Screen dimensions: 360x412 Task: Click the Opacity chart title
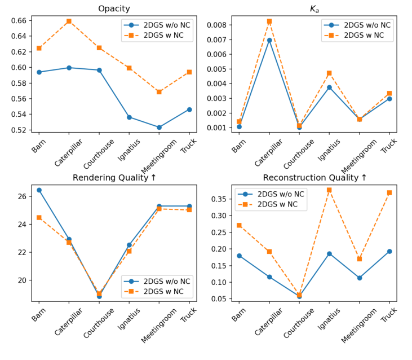[x=114, y=8]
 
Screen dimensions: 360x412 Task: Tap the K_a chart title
[x=314, y=8]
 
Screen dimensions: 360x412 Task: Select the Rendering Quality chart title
[x=114, y=178]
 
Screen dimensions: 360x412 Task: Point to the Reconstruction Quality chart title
[x=314, y=178]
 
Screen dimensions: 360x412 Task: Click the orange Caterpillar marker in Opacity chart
[x=69, y=21]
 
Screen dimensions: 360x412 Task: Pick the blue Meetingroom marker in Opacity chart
[x=159, y=128]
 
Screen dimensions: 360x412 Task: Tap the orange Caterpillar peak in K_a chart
[x=269, y=21]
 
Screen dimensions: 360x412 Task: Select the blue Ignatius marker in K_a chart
[x=329, y=87]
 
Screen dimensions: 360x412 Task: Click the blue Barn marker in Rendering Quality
[x=39, y=190]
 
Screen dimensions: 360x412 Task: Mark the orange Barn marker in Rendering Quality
[x=39, y=217]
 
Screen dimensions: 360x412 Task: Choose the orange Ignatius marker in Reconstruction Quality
[x=329, y=190]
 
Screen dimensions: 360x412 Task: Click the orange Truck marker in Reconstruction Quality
[x=389, y=193]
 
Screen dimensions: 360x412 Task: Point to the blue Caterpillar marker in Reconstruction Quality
[x=269, y=277]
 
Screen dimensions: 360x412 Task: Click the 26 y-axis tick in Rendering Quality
[x=23, y=196]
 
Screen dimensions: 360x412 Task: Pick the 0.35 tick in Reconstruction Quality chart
[x=220, y=199]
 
